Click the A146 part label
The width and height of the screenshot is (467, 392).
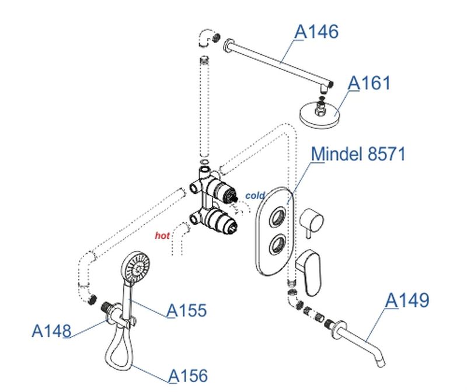pyautogui.click(x=316, y=32)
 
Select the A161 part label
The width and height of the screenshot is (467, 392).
pyautogui.click(x=369, y=83)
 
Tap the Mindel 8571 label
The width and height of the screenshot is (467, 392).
pyautogui.click(x=358, y=154)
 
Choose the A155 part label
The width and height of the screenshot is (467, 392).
pyautogui.click(x=186, y=310)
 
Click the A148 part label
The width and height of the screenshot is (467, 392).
pyautogui.click(x=51, y=331)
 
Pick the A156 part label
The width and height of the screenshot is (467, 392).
pyautogui.click(x=188, y=376)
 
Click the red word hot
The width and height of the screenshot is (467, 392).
pyautogui.click(x=162, y=236)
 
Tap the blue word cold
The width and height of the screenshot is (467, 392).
pyautogui.click(x=255, y=195)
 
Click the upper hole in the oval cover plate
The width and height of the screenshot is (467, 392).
pyautogui.click(x=278, y=218)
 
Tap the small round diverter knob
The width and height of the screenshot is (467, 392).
pyautogui.click(x=311, y=220)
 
